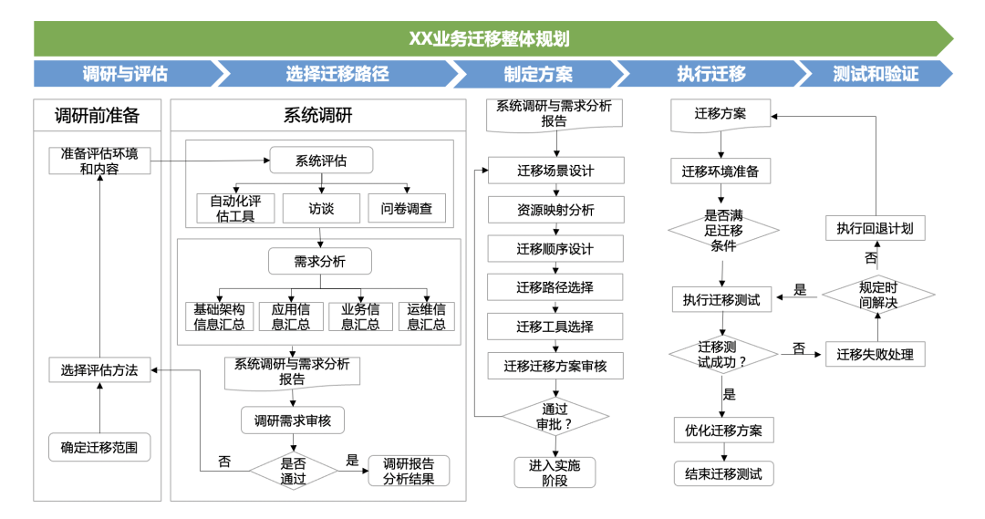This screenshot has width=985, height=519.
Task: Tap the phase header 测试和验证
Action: (x=874, y=74)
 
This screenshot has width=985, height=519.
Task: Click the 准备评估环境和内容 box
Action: (x=99, y=161)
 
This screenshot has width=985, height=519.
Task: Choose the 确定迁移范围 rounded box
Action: (x=99, y=447)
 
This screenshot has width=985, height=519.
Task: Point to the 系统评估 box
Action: (x=320, y=161)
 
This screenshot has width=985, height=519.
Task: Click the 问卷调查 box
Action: (x=407, y=209)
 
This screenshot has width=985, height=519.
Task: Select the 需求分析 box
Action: (x=319, y=262)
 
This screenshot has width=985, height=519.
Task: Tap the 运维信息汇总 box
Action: (x=426, y=317)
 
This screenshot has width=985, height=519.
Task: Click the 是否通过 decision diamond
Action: (x=293, y=471)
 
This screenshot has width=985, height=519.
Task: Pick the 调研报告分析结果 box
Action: (x=409, y=471)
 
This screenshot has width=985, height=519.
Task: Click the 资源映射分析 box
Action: (x=555, y=210)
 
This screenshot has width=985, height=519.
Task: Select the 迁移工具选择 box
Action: (x=555, y=327)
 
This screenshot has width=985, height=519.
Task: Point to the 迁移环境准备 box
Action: (x=721, y=171)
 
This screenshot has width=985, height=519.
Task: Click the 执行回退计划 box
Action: (x=875, y=227)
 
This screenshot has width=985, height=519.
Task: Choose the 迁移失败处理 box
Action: (x=875, y=354)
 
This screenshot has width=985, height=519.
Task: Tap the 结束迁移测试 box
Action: (x=723, y=473)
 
